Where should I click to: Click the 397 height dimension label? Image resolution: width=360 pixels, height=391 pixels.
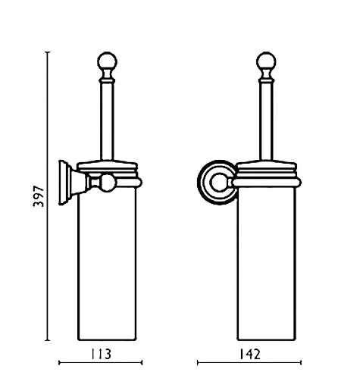pyautogui.click(x=39, y=196)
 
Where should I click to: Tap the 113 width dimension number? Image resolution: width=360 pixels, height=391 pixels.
pyautogui.click(x=101, y=354)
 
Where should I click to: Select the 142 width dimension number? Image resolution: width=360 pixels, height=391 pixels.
pyautogui.click(x=249, y=354)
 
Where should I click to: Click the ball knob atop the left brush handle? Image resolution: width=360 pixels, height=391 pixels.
pyautogui.click(x=108, y=61)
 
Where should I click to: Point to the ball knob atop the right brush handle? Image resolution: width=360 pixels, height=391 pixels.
pyautogui.click(x=266, y=61)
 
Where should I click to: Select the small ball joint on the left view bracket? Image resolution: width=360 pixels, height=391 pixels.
pyautogui.click(x=108, y=183)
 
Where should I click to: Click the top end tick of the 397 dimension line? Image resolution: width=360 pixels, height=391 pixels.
pyautogui.click(x=47, y=52)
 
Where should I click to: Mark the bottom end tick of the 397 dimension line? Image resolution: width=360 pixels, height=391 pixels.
pyautogui.click(x=47, y=340)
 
